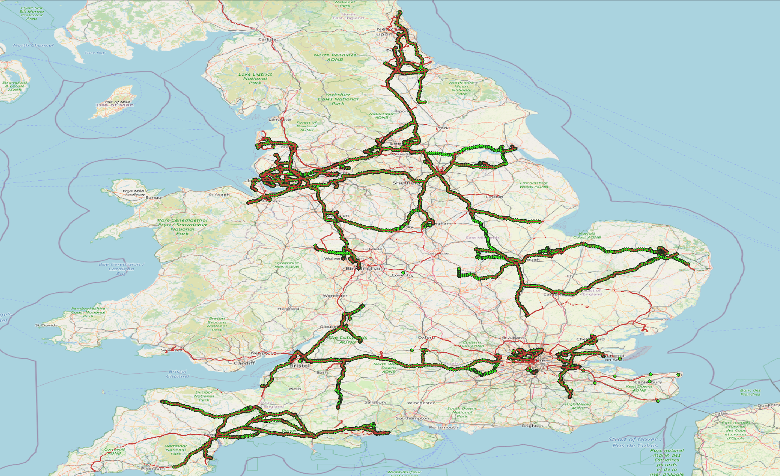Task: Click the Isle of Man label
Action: (115, 105)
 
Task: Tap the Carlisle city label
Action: (267, 39)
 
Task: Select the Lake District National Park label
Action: (255, 78)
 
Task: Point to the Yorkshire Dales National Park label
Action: (338, 99)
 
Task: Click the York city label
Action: (443, 128)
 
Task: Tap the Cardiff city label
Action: (244, 363)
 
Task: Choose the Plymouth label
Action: (153, 469)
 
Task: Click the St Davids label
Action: (47, 325)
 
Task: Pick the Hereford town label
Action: (288, 309)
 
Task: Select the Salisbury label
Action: (375, 402)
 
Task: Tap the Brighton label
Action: (532, 426)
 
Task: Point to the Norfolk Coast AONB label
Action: (587, 236)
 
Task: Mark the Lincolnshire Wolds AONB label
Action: (534, 185)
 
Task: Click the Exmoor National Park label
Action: (204, 396)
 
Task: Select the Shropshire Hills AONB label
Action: (287, 265)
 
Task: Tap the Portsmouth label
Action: (443, 427)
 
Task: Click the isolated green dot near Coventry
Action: (403, 273)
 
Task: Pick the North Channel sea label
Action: (33, 45)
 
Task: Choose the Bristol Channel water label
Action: (177, 374)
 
